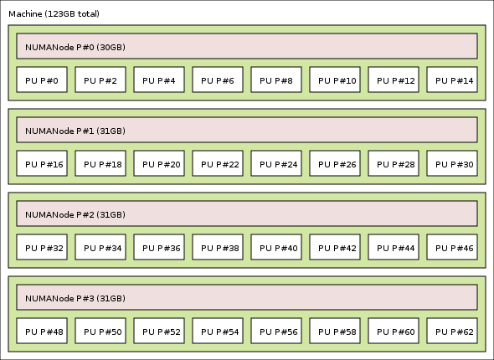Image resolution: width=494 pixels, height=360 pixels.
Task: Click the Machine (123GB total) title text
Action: click(x=54, y=14)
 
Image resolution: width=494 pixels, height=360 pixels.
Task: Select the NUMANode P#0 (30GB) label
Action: click(x=75, y=47)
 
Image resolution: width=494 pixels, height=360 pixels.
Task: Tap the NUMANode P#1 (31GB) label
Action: click(x=75, y=131)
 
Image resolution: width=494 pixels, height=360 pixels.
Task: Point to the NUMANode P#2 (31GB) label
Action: click(x=75, y=215)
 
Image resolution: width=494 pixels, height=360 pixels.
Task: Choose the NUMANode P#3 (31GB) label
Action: click(x=75, y=299)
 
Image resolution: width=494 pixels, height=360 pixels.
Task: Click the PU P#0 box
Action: click(x=42, y=80)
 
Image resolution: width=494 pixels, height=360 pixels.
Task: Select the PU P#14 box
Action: click(x=452, y=80)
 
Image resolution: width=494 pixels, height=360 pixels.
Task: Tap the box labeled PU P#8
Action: click(x=276, y=80)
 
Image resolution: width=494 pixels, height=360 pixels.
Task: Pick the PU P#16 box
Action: click(x=42, y=163)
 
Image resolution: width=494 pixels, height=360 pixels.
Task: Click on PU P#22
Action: click(x=218, y=163)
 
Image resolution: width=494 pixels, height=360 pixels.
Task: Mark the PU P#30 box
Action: click(x=452, y=163)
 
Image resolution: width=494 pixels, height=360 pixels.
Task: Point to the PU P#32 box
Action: click(x=42, y=247)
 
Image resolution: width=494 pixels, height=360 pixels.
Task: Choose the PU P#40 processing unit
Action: click(x=276, y=247)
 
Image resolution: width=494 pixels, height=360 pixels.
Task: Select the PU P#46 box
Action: click(x=452, y=247)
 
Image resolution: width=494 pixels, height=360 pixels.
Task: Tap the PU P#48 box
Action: click(x=42, y=331)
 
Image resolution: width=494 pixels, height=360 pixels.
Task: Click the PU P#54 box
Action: click(x=218, y=331)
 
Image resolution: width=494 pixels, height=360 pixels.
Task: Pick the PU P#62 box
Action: click(x=452, y=331)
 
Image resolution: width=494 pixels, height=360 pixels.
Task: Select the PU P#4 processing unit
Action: click(x=159, y=80)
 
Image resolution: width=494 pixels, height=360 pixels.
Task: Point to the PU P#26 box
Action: click(x=335, y=163)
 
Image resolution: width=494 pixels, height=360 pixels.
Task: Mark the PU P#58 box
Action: click(x=335, y=331)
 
